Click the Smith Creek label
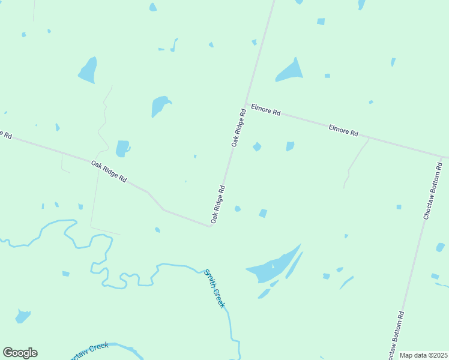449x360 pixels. point(214,289)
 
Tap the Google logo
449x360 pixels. point(20,353)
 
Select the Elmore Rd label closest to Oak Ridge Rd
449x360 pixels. point(266,112)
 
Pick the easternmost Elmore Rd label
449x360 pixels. point(343,129)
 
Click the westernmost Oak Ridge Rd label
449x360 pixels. point(109,171)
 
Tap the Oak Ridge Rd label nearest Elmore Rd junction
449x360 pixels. point(239,128)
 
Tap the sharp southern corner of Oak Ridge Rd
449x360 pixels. point(210,226)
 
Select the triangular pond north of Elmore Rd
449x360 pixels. point(290,72)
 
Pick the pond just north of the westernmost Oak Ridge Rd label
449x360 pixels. point(122,148)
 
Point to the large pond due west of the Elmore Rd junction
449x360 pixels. point(160,106)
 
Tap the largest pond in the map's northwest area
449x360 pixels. point(88,70)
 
